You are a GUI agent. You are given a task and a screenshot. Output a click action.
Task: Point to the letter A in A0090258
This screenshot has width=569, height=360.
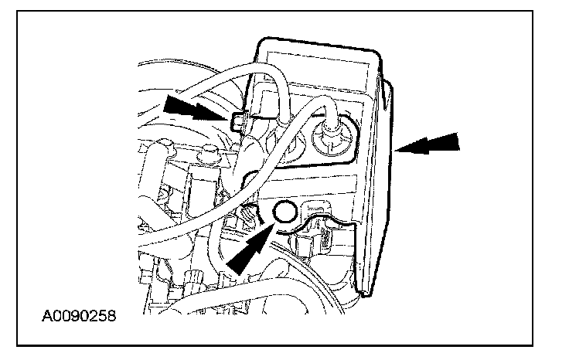coord(48,317)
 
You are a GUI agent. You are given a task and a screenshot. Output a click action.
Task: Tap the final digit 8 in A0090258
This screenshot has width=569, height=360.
coord(111,317)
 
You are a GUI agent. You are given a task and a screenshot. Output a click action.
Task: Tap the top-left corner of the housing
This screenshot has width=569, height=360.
coord(263,40)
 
